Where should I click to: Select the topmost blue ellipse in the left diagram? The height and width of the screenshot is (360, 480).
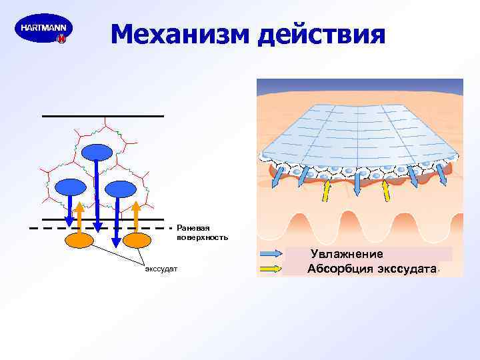97,153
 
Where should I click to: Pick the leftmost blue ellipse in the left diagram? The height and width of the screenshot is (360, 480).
69,187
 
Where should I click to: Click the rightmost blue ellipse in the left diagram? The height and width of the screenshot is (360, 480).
121,189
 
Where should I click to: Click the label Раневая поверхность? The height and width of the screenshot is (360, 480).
202,233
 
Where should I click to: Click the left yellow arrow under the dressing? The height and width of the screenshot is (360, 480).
327,191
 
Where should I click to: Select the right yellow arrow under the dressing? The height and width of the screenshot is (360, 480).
385,191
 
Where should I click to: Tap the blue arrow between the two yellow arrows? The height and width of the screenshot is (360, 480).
356,184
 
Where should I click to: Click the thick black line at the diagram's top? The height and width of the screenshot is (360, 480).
103,116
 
